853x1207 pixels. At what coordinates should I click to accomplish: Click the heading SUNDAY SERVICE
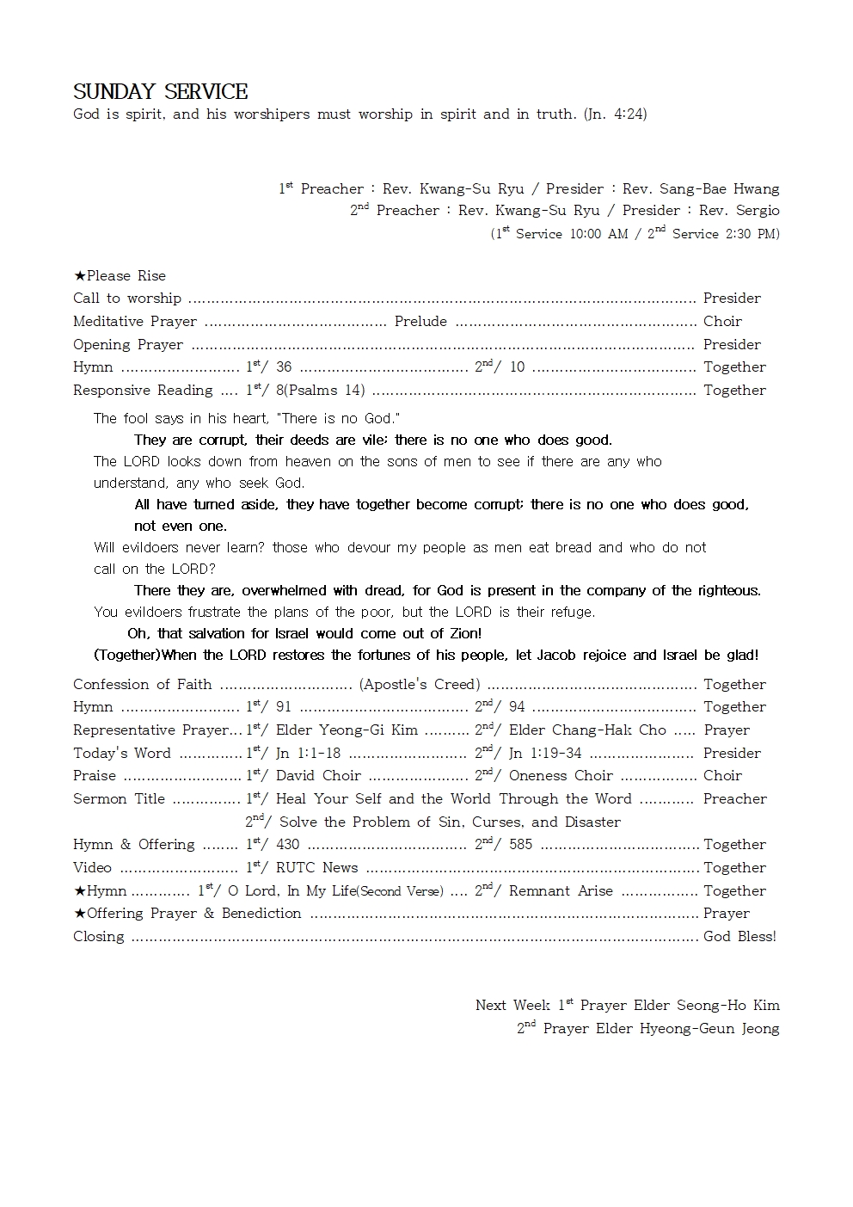[x=160, y=92]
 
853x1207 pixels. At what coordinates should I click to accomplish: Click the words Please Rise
[x=126, y=275]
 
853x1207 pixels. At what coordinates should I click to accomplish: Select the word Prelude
[x=420, y=321]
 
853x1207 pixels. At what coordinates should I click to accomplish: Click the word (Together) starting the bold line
[x=127, y=655]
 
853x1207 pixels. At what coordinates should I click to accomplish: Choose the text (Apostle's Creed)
[x=420, y=684]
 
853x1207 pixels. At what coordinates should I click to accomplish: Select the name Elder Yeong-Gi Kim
[x=347, y=730]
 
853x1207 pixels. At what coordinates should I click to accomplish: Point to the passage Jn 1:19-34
[x=545, y=753]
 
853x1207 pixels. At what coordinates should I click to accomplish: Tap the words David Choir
[x=318, y=775]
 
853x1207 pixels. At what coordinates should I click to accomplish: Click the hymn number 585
[x=520, y=844]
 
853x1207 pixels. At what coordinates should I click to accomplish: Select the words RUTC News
[x=316, y=867]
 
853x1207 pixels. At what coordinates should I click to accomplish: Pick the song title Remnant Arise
[x=561, y=890]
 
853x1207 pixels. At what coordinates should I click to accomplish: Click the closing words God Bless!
[x=739, y=936]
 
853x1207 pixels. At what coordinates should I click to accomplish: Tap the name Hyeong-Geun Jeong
[x=709, y=1028]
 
